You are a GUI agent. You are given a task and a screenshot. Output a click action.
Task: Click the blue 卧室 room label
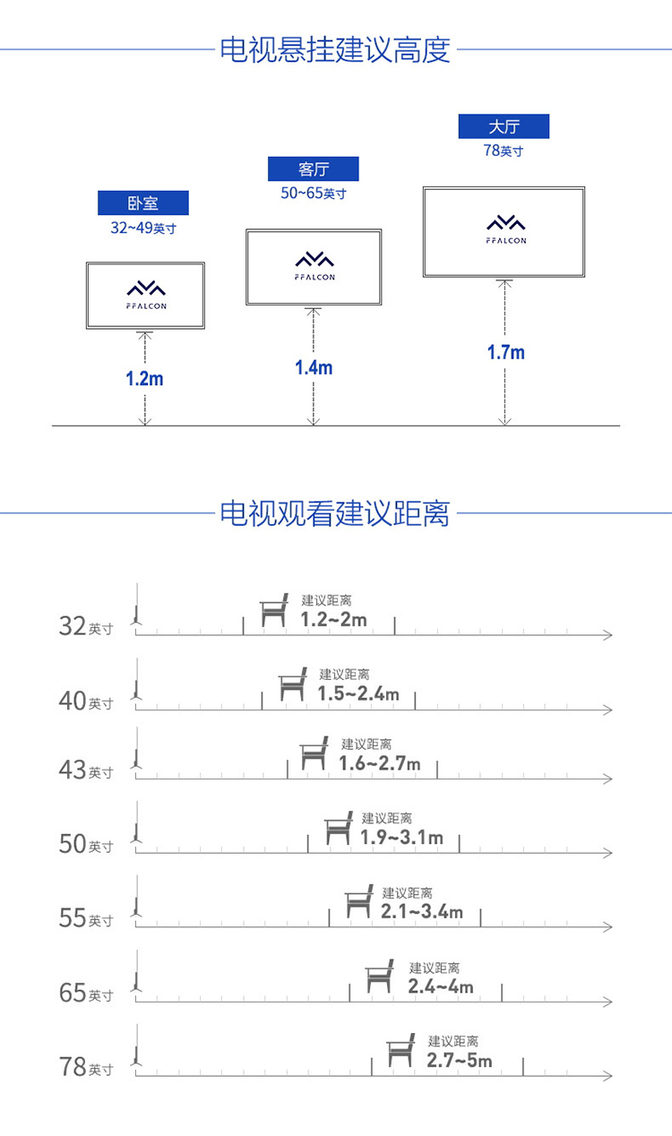(143, 202)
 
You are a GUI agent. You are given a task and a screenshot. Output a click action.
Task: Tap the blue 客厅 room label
(313, 169)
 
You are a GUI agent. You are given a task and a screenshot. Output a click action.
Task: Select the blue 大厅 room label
(504, 126)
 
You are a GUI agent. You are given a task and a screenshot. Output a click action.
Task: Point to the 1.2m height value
(144, 379)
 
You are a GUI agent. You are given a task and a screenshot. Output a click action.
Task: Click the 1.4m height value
(314, 367)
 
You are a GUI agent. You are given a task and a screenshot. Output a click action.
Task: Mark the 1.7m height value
(505, 352)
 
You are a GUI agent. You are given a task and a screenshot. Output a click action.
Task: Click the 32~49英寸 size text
(143, 228)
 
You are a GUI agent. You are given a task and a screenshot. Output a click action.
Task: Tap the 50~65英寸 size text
(314, 194)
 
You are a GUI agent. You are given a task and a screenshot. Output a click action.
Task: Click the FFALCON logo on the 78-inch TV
(505, 229)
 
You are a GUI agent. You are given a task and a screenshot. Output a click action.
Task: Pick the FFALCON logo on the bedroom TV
(146, 295)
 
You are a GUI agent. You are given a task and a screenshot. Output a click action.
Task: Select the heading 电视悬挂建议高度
(335, 49)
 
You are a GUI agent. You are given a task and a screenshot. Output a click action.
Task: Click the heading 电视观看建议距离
(335, 513)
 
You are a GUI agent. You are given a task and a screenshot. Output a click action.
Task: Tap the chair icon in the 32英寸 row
(274, 610)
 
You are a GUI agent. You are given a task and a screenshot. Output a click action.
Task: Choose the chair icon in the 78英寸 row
(401, 1050)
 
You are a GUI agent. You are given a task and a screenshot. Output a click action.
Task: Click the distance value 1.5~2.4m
(358, 693)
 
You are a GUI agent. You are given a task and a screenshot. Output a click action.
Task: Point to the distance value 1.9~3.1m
(401, 838)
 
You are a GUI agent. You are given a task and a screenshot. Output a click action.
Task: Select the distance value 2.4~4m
(441, 986)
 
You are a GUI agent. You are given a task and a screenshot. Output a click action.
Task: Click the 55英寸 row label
(86, 918)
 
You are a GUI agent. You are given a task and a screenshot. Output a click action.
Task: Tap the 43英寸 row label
(86, 770)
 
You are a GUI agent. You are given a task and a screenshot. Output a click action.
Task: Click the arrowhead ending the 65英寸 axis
(608, 1002)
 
